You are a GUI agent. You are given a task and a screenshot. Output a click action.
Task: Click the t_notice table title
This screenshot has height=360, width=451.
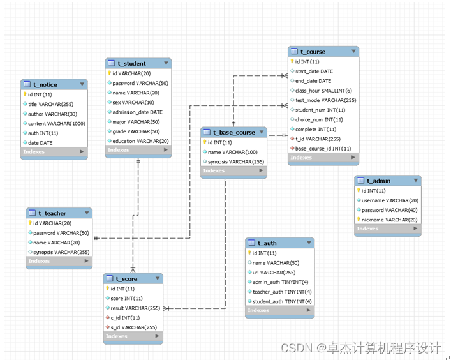pos(45,84)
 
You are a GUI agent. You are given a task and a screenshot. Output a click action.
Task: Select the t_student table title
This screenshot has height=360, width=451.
pos(131,63)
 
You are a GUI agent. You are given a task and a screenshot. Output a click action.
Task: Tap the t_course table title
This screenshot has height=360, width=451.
pos(313,52)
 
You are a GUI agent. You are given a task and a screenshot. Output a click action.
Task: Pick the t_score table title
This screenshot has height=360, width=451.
pos(126,279)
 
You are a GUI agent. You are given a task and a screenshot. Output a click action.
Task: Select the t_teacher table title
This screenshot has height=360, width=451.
pos(52,213)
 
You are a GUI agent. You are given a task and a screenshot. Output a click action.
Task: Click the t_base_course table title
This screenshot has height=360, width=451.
pos(233,133)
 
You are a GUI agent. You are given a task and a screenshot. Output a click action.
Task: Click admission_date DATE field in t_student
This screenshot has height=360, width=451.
pos(138,112)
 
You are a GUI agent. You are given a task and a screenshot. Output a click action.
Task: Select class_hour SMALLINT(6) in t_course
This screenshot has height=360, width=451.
pos(323,91)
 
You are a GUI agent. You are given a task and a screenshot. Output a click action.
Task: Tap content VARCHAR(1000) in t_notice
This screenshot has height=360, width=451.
pos(56,123)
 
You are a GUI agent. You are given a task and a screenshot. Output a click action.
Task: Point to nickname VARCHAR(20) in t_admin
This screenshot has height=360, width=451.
pos(390,220)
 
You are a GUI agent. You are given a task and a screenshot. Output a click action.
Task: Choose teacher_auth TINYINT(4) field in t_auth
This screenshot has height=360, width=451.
pos(281,292)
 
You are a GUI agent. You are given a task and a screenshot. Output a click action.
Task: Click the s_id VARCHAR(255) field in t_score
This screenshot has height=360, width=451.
pos(133,327)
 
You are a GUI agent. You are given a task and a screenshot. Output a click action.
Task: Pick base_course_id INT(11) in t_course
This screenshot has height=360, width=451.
pos(323,148)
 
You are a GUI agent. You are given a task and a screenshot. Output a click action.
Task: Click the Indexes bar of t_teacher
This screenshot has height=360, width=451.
pos(58,261)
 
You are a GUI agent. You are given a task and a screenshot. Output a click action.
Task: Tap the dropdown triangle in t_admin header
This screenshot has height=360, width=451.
pos(415,181)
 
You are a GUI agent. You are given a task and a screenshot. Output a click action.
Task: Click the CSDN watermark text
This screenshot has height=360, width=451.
pos(360,348)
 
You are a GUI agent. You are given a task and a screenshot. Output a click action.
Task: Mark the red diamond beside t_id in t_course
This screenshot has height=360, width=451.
pos(291,139)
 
